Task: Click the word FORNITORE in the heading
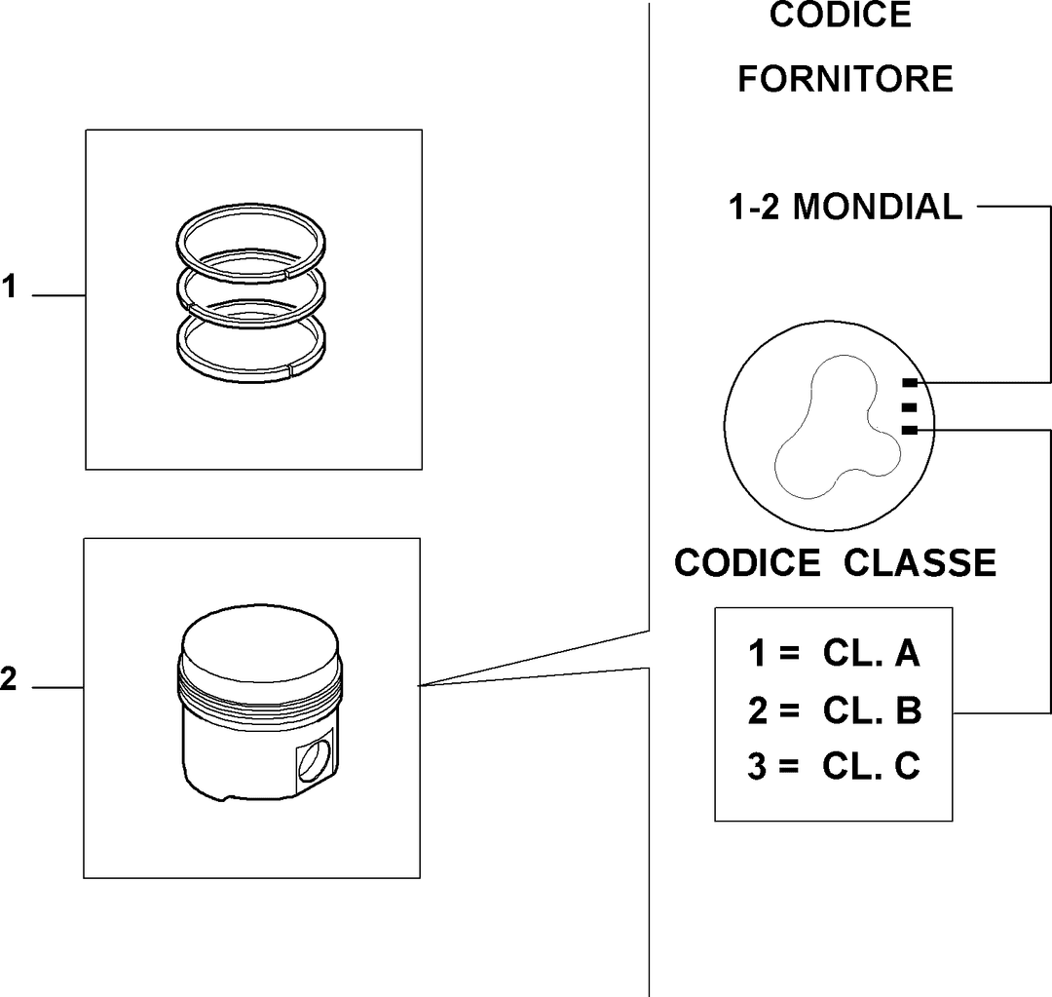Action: point(845,79)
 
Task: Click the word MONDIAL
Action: point(878,207)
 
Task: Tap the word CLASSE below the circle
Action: point(920,562)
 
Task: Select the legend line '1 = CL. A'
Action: point(834,653)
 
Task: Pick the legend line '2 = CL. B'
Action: point(835,709)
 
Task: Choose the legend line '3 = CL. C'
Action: point(834,766)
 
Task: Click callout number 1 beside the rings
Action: point(9,287)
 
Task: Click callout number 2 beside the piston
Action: point(8,678)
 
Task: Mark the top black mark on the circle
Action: point(910,383)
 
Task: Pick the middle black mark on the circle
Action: point(910,406)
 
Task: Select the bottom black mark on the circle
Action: point(910,431)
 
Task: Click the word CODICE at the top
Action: point(841,15)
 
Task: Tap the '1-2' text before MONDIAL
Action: point(754,207)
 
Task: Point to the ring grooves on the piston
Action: point(260,692)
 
